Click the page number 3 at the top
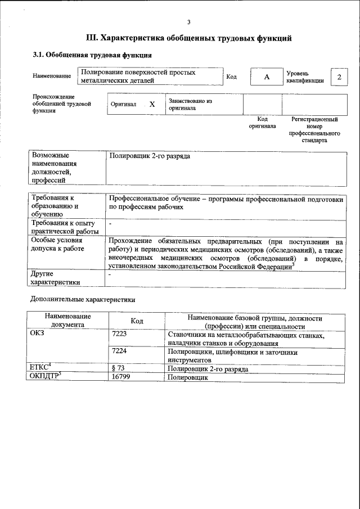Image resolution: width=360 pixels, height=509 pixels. coord(189,22)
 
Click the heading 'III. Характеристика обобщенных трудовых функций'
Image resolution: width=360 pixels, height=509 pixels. coord(188,38)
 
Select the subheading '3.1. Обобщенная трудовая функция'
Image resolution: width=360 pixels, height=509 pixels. coord(91,55)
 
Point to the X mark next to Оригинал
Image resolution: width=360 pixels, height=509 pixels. coord(152,105)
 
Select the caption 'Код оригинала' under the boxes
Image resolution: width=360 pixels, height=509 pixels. coord(262,123)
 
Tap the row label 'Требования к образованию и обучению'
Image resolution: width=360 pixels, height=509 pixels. coord(63,206)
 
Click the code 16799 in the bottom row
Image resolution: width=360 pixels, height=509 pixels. coord(123,377)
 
